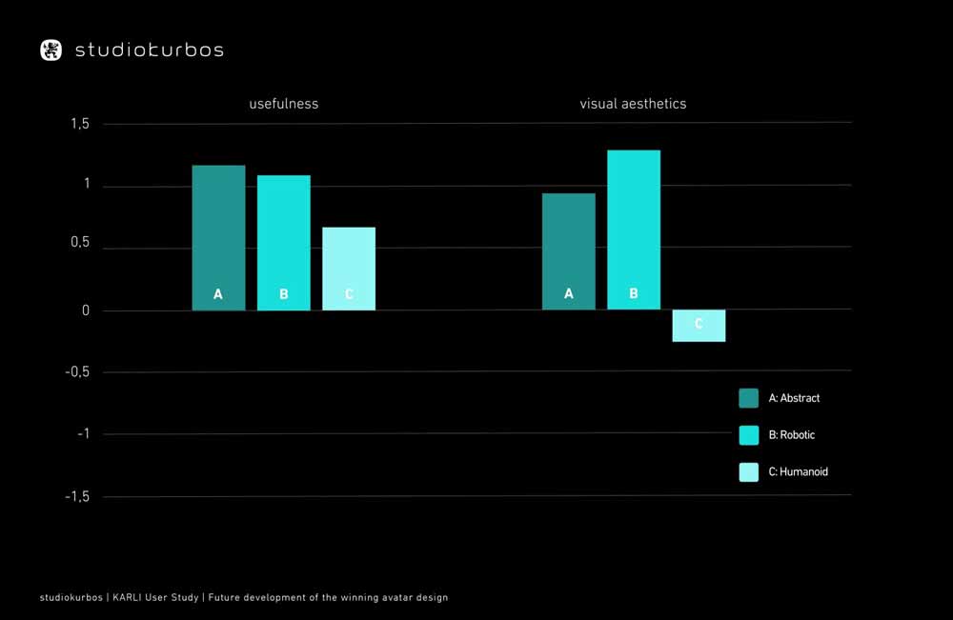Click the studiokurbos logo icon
coord(51,50)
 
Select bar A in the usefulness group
coord(218,238)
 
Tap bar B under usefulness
coord(283,243)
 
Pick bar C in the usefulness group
coord(349,269)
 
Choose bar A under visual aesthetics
coord(569,251)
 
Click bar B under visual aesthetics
coord(634,230)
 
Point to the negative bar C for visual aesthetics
coord(699,326)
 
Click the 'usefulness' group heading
coord(284,104)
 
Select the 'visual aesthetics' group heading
coord(633,104)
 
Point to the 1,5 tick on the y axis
coord(79,124)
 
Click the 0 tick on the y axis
coord(86,310)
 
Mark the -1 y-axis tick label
coord(82,434)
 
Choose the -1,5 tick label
coord(76,496)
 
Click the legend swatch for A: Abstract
coord(749,398)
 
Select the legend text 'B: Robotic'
coord(791,435)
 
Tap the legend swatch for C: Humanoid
coord(749,471)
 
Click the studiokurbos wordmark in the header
coord(150,50)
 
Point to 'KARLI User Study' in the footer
coord(157,598)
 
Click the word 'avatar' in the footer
coord(377,598)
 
